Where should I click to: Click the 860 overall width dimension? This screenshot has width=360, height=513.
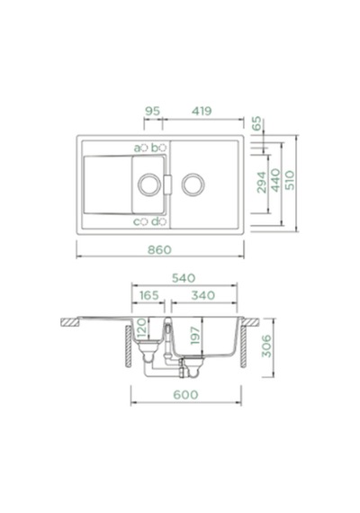pyautogui.click(x=159, y=249)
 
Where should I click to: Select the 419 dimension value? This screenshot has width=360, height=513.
pyautogui.click(x=202, y=111)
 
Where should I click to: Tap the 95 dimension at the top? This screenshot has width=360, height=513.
pyautogui.click(x=152, y=111)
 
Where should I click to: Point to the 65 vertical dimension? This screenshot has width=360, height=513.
pyautogui.click(x=256, y=123)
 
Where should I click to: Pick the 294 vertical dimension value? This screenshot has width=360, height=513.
pyautogui.click(x=262, y=182)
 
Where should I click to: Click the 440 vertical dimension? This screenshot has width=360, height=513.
pyautogui.click(x=275, y=180)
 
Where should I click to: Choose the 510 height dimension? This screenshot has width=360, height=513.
pyautogui.click(x=290, y=180)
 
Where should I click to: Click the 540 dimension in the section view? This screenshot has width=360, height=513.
pyautogui.click(x=184, y=278)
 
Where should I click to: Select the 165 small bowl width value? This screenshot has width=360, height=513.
pyautogui.click(x=148, y=295)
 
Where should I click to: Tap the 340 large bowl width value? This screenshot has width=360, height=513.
pyautogui.click(x=203, y=295)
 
